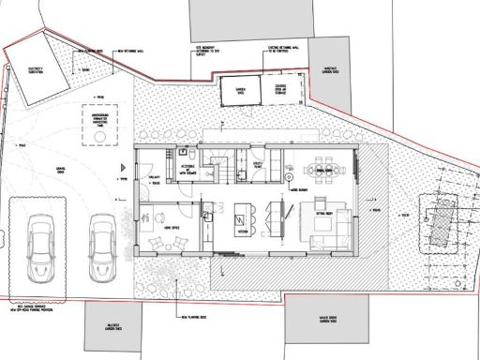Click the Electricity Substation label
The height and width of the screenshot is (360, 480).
[36, 70]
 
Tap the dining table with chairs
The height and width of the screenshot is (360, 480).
[327, 171]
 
